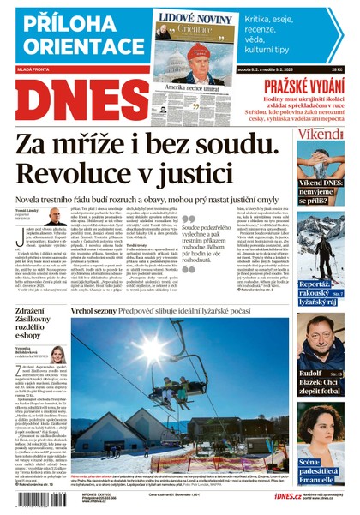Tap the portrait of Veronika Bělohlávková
57,355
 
